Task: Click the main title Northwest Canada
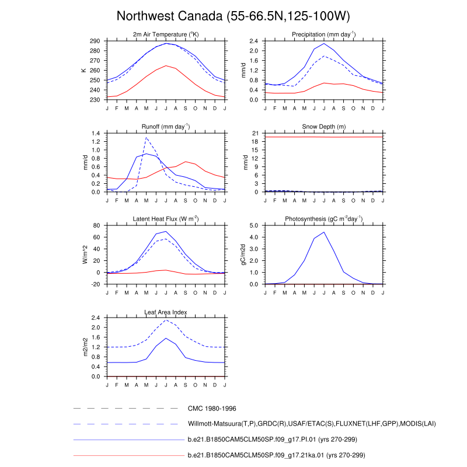[233, 15]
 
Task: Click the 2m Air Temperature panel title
[166, 35]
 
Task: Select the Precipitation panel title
[324, 35]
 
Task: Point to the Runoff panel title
[166, 127]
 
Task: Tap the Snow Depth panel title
[324, 127]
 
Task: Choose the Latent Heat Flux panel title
[166, 219]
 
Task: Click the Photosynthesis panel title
[324, 219]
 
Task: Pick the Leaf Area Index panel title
[166, 311]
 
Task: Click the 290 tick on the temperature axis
[95, 41]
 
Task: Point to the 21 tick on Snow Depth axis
[255, 134]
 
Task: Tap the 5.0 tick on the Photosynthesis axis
[253, 225]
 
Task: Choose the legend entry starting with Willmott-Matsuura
[312, 423]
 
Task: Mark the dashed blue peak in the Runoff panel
[146, 138]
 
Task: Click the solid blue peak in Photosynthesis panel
[323, 232]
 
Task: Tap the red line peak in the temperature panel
[166, 65]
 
